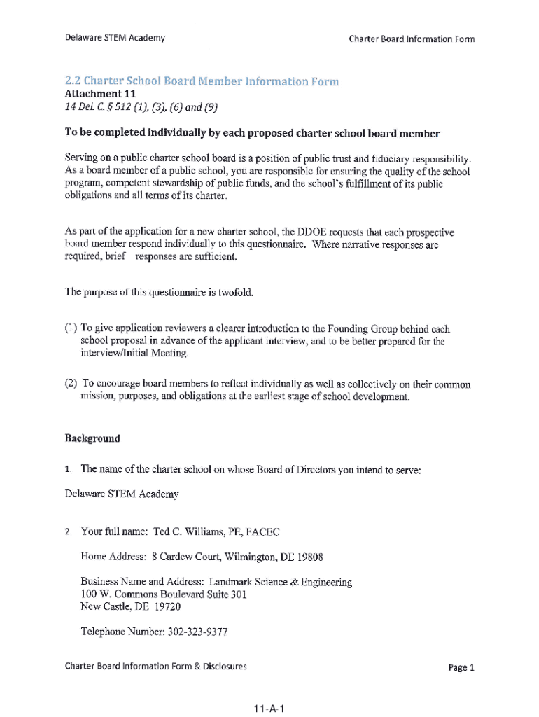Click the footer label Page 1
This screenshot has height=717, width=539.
(x=461, y=667)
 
